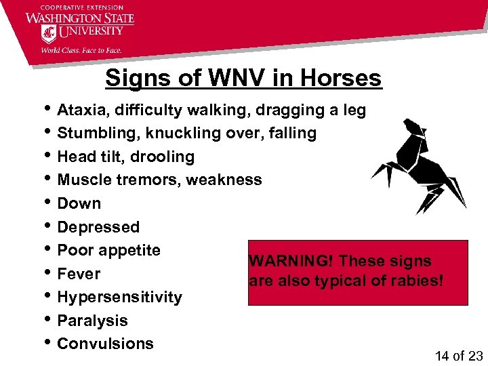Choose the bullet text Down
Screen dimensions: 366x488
[x=79, y=203]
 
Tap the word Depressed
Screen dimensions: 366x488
[x=98, y=227]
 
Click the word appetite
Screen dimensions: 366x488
[x=129, y=251]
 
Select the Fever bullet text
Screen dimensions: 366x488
[x=79, y=274]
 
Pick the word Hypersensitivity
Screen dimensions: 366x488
[x=120, y=298]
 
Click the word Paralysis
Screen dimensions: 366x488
[x=93, y=321]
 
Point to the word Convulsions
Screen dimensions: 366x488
[x=106, y=344]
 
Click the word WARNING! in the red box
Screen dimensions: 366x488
[x=289, y=262]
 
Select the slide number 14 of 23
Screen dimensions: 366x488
[x=457, y=354]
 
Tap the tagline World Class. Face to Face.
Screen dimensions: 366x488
[x=81, y=49]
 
